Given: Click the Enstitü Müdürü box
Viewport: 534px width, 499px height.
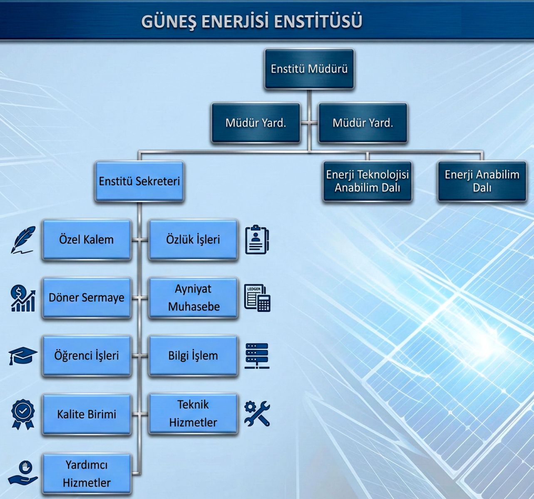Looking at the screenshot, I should point(309,69).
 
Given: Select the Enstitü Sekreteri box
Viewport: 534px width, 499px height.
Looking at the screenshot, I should point(139,181).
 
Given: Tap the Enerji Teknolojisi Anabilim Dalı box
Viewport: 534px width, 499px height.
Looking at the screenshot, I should point(367,181).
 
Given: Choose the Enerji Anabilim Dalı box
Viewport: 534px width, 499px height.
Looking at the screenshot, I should point(482,181).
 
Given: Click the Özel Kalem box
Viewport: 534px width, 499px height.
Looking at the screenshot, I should point(86,240).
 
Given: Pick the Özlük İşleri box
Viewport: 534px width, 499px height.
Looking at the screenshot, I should point(193,240).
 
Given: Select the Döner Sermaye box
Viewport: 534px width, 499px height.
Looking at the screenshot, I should point(86,298).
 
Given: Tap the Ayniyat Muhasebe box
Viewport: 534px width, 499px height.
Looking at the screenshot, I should point(193,298).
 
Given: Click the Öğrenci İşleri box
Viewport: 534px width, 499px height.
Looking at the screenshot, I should point(86,356).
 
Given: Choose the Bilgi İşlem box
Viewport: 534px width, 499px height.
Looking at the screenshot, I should point(193,356).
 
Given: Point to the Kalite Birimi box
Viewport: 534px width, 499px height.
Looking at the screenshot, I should point(86,414).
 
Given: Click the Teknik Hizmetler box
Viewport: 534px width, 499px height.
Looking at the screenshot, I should point(193,414).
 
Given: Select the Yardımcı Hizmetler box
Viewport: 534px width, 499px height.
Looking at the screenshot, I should point(86,474).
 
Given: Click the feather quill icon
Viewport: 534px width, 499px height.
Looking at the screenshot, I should point(22,240).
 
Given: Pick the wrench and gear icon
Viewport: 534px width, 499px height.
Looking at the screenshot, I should point(257,413).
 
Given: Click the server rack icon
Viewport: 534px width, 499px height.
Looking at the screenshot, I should point(257,356).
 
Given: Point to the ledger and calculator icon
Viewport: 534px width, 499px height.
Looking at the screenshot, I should point(257,298).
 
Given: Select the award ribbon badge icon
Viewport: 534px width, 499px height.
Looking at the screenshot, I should point(23,414).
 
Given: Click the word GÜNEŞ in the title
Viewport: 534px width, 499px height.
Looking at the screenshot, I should point(169,22).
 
